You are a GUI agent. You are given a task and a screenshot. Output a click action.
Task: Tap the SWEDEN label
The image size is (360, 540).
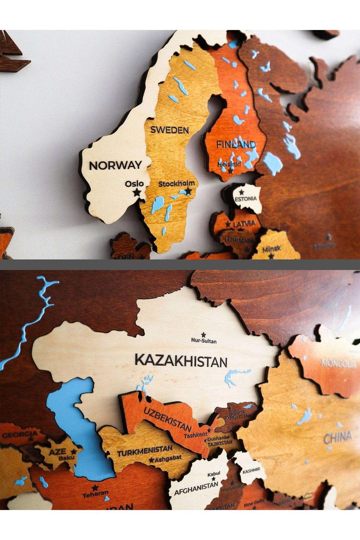(170, 130)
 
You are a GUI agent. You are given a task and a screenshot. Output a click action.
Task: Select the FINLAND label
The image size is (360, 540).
(236, 145)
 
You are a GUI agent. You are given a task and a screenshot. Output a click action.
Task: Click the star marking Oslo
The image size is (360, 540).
(137, 192)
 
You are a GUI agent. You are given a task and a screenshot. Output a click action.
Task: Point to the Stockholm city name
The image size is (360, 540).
(176, 184)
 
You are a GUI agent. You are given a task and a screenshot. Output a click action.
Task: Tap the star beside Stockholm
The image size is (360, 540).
(188, 190)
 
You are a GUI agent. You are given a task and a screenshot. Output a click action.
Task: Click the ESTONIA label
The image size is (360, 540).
(246, 199)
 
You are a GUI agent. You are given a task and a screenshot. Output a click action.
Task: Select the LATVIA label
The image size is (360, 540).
(244, 223)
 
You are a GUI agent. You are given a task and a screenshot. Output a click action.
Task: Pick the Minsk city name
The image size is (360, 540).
(272, 249)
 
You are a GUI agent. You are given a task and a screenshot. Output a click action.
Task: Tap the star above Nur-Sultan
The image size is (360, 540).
(204, 334)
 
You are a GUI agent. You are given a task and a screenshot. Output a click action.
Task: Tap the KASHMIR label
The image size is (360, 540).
(252, 470)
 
